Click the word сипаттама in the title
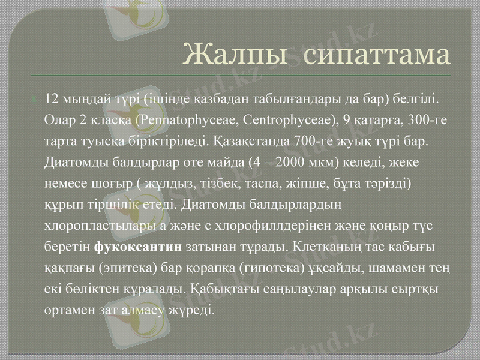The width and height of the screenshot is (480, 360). [x=376, y=56]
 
